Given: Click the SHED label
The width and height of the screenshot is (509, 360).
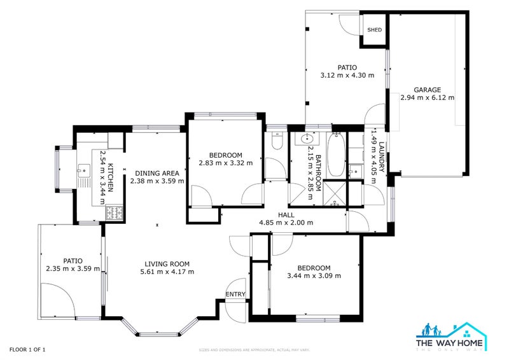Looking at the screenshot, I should point(373,29).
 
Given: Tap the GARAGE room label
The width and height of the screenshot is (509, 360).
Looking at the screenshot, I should point(427,90).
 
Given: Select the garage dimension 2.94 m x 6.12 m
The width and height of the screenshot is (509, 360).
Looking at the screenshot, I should point(427,98).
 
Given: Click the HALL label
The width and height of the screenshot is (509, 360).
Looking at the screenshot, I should point(286,215).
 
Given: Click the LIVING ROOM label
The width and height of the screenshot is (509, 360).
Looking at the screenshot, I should point(167,264).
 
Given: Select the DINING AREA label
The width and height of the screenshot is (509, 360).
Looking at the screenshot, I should point(157,172).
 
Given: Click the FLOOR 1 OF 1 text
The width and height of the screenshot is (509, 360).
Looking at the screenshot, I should point(27,349).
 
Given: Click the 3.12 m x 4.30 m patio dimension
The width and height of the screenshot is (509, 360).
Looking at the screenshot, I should point(347,75).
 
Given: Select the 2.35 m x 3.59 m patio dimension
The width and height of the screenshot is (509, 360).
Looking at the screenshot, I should point(73,268).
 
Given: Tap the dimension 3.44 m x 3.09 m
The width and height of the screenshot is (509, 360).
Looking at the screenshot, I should point(314,275).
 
